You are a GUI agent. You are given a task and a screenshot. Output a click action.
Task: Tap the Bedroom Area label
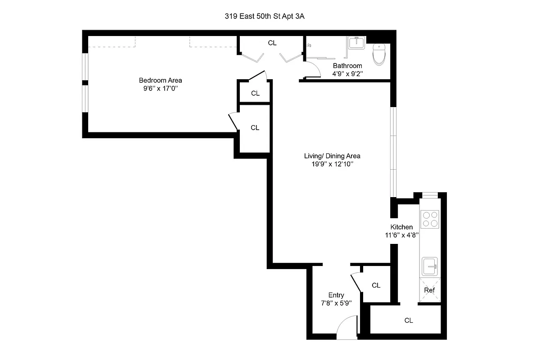tap(160, 80)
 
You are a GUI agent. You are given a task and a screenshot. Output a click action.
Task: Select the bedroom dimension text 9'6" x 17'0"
tap(160, 89)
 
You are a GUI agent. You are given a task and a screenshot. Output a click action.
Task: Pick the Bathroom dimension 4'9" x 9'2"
tap(347, 73)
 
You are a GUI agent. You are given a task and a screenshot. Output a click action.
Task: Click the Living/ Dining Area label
tap(332, 156)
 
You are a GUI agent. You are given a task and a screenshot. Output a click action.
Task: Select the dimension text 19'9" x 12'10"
tap(332, 165)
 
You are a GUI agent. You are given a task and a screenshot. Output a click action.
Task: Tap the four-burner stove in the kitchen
tap(429, 219)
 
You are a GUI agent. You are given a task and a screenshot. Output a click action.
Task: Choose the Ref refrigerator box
tap(429, 290)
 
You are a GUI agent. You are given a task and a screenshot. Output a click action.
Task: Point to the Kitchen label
tap(401, 227)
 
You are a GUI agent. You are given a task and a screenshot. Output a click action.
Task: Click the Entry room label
tap(336, 295)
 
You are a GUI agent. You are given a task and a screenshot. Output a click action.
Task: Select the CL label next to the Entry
tap(376, 285)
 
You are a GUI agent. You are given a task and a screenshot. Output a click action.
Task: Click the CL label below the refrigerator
tap(409, 320)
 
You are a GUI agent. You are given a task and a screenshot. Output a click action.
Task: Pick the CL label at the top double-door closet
tap(272, 43)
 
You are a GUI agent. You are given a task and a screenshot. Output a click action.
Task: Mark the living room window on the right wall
tap(393, 152)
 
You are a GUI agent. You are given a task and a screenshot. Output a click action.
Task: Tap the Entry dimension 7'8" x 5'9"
tap(336, 304)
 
